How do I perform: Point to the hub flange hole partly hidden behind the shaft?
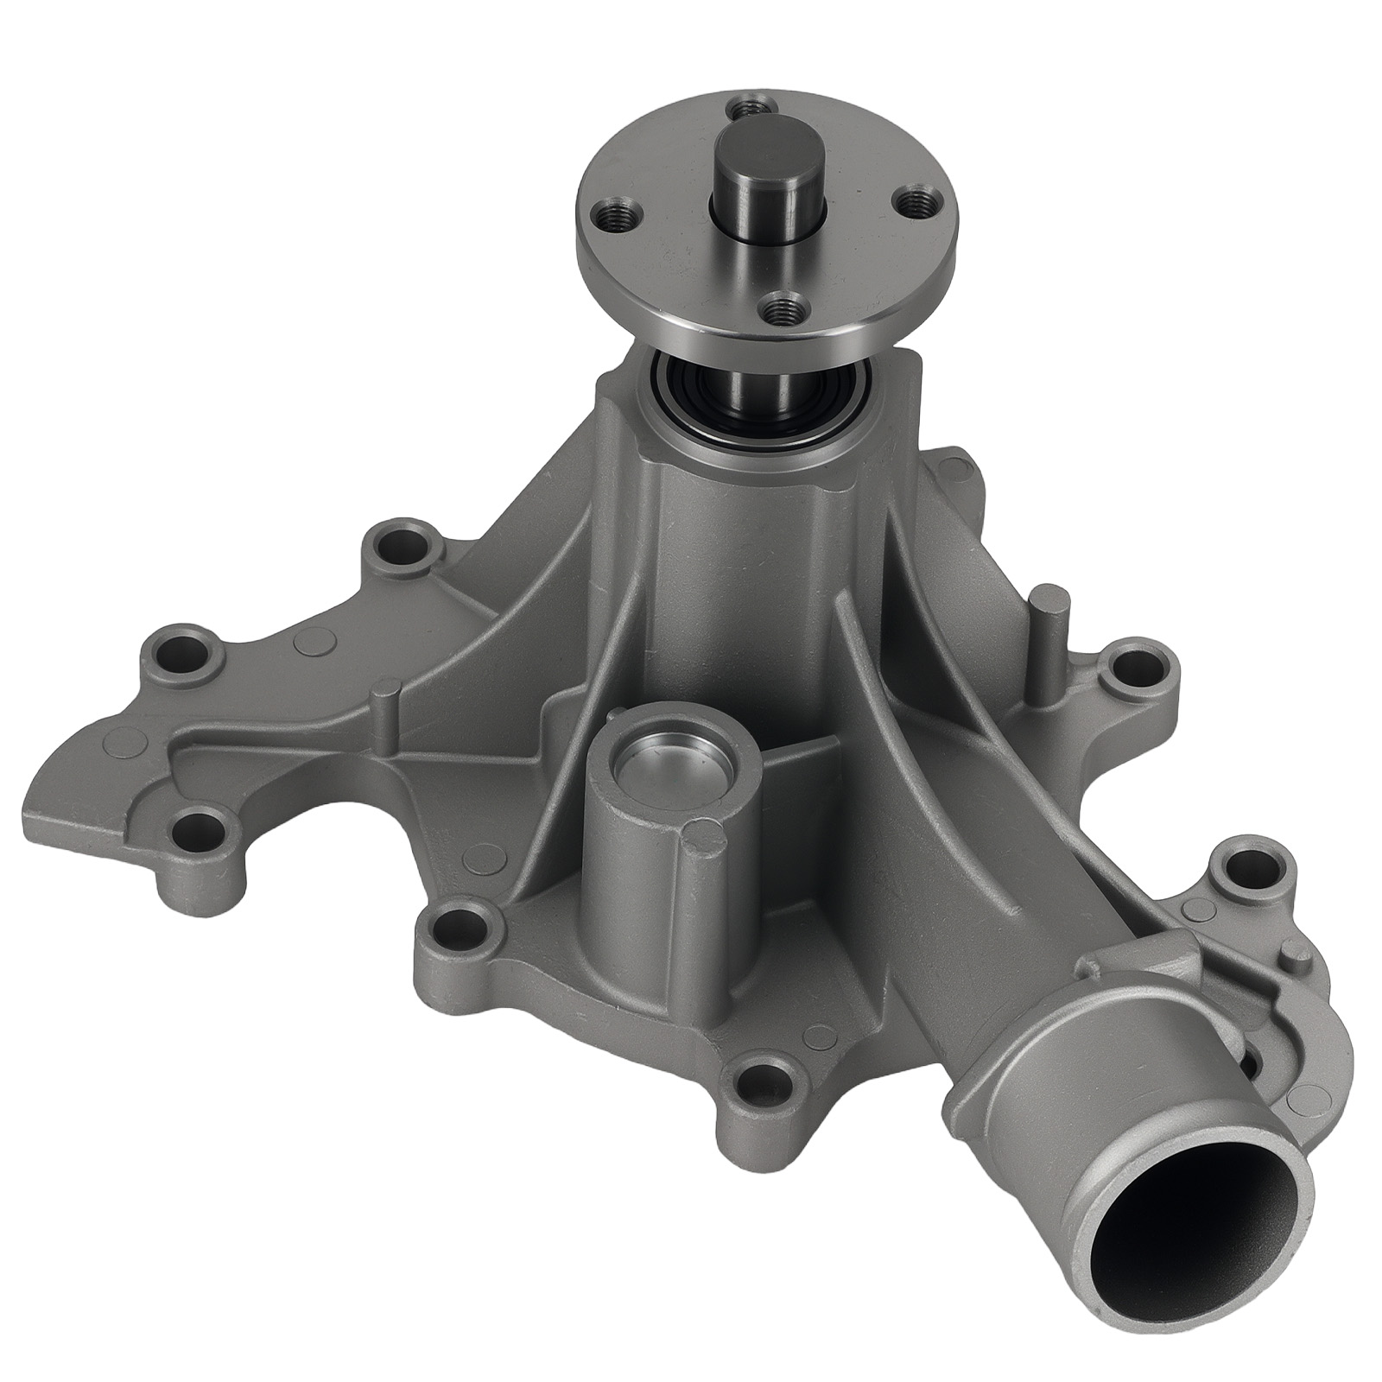[742, 110]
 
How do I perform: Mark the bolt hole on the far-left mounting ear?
[185, 647]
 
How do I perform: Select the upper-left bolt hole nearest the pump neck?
[403, 546]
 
